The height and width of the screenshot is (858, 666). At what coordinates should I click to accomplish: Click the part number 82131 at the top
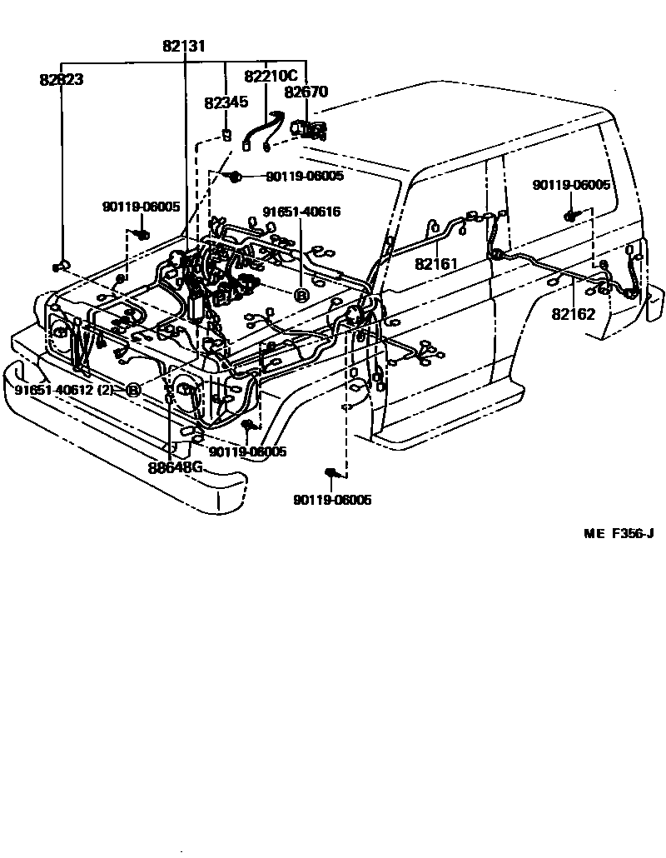183,47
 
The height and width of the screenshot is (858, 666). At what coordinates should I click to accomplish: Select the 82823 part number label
61,80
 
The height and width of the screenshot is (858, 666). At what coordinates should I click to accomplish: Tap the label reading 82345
226,102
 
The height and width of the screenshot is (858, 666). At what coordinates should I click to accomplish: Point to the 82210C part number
271,77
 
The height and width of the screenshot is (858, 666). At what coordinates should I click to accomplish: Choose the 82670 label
306,92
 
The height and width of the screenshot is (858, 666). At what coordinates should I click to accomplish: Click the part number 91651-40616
301,212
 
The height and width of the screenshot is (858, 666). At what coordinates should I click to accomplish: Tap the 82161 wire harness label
437,264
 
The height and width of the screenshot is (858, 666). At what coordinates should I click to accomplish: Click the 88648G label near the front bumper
176,466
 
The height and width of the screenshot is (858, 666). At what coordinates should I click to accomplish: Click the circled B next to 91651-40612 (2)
132,389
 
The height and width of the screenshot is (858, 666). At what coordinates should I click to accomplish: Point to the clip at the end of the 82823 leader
60,266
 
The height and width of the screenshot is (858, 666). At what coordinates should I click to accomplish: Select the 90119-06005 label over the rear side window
571,186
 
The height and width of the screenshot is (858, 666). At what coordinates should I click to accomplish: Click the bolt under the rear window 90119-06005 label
571,216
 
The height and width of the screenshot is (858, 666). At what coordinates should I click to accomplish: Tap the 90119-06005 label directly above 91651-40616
304,177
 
